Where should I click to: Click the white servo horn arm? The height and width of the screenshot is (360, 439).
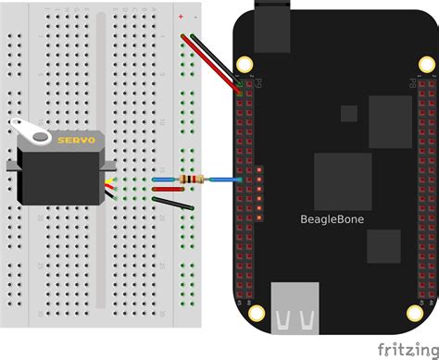30,135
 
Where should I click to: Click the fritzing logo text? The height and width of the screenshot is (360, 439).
405,346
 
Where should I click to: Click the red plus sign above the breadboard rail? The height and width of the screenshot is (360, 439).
180,17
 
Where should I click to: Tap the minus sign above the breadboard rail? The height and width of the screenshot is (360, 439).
194,17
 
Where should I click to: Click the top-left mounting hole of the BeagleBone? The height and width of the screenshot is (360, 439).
245,64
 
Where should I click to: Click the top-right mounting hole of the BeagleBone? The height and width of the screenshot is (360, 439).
427,64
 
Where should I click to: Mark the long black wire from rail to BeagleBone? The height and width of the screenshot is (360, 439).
219,65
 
